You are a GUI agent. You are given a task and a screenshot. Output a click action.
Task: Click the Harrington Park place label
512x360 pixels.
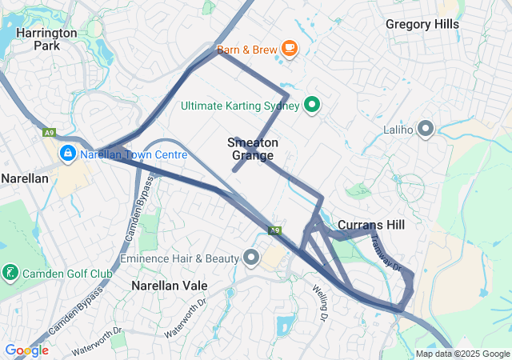click(x=46, y=39)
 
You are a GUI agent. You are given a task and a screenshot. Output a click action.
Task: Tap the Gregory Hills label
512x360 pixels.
click(x=422, y=24)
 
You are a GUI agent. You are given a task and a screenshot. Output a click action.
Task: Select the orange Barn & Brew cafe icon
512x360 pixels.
click(x=289, y=50)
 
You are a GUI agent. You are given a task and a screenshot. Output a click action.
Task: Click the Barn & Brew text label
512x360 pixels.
click(x=246, y=50)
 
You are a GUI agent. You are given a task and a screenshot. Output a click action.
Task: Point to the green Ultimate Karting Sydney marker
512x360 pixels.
click(x=313, y=105)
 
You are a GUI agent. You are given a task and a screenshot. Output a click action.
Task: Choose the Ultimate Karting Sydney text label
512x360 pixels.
click(x=240, y=106)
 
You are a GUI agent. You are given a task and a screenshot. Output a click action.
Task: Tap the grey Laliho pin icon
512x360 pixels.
click(x=426, y=129)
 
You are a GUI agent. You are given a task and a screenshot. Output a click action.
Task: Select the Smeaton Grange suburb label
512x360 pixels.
click(x=254, y=149)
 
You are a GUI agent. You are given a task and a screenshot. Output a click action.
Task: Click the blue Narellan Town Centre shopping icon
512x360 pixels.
click(x=68, y=152)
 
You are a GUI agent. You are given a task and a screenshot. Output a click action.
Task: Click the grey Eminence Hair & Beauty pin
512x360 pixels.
click(x=252, y=258)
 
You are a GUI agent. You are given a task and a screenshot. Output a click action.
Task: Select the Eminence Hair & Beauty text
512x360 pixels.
click(x=179, y=258)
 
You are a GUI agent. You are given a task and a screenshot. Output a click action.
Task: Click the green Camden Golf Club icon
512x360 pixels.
click(x=10, y=274)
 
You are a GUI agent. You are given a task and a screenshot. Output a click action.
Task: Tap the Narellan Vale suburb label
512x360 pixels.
click(x=169, y=286)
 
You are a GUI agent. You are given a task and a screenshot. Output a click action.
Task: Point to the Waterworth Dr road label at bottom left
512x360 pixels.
click(x=95, y=339)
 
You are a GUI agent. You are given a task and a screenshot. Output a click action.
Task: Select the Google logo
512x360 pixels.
click(x=26, y=350)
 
